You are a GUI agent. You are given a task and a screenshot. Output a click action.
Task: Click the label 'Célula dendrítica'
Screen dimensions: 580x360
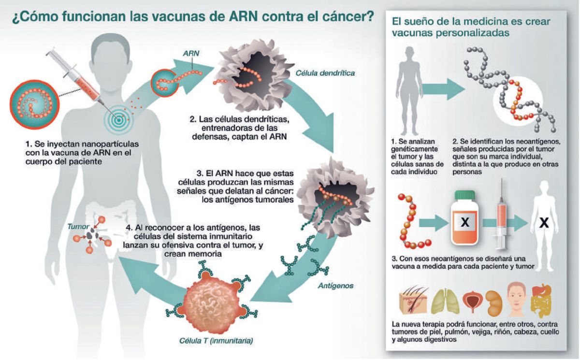[x=325, y=73]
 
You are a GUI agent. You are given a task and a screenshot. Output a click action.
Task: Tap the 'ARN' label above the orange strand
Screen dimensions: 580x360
[x=191, y=53]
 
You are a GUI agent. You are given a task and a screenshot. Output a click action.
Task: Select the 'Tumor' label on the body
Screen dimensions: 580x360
[x=78, y=227]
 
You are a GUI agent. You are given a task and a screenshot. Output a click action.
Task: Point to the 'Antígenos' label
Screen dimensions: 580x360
[x=335, y=286]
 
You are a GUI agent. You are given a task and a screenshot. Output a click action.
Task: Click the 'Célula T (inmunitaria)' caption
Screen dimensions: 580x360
[x=216, y=341]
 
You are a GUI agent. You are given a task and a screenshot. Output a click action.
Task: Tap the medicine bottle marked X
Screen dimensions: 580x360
[x=464, y=218]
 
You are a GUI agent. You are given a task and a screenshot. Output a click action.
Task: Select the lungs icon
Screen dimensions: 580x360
[x=445, y=301]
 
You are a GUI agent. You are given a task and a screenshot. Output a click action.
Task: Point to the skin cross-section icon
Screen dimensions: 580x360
[x=413, y=300]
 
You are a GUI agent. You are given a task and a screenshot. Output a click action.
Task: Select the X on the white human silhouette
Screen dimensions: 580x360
[x=544, y=222]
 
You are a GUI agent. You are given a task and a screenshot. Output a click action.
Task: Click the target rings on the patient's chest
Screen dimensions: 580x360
[x=118, y=120]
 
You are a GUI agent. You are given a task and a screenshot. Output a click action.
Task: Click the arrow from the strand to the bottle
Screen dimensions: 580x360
[x=434, y=223]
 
